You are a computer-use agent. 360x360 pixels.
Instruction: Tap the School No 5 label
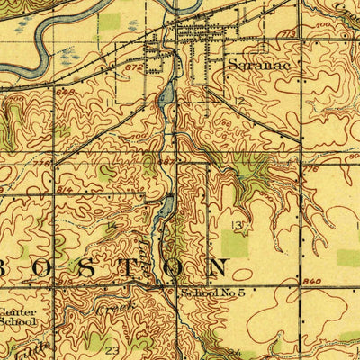212,293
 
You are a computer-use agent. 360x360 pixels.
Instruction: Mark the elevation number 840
312,282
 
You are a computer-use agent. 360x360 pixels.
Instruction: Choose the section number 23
112,347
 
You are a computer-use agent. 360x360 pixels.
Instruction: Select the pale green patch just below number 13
235,243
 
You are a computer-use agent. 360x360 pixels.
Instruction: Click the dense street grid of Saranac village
203,36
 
